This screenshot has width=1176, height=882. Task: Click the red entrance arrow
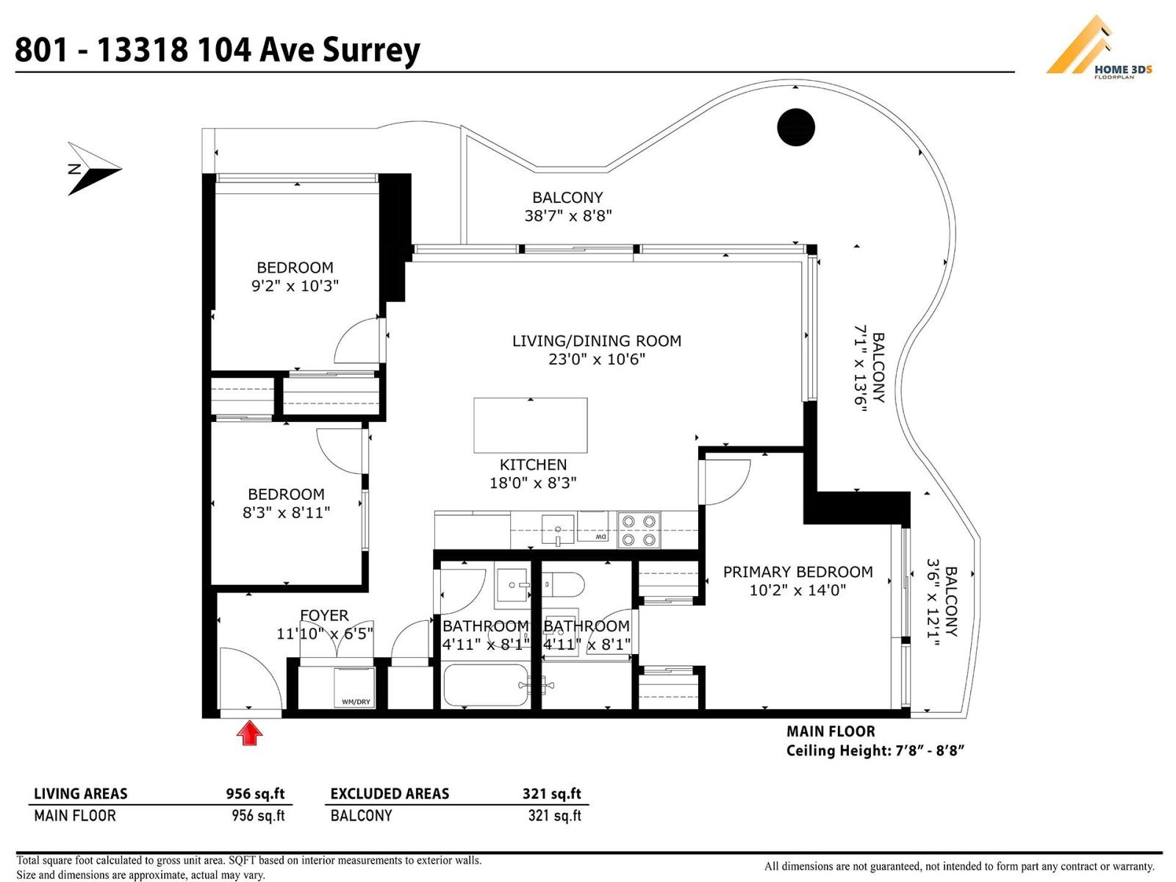pyautogui.click(x=250, y=733)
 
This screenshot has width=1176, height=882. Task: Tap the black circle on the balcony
pyautogui.click(x=795, y=127)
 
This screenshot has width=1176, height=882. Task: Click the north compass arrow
pyautogui.click(x=93, y=169)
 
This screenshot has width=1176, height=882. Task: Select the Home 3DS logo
pyautogui.click(x=1099, y=48)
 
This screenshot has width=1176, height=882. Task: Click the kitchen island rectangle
pyautogui.click(x=530, y=425)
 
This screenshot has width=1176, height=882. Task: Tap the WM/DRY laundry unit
pyautogui.click(x=355, y=688)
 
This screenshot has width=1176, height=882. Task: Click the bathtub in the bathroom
pyautogui.click(x=486, y=685)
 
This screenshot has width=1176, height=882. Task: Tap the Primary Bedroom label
pyautogui.click(x=797, y=572)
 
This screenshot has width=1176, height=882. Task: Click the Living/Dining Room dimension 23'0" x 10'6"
pyautogui.click(x=596, y=359)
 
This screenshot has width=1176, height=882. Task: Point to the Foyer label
pyautogui.click(x=324, y=615)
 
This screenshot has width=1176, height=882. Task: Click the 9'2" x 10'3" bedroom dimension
pyautogui.click(x=295, y=286)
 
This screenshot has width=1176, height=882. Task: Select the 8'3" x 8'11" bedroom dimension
pyautogui.click(x=286, y=512)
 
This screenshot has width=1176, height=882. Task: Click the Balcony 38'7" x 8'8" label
pyautogui.click(x=567, y=207)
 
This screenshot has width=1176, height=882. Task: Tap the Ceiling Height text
pyautogui.click(x=875, y=750)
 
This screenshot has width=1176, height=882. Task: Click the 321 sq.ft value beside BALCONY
pyautogui.click(x=554, y=816)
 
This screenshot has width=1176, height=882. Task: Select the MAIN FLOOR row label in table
pyautogui.click(x=75, y=816)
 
